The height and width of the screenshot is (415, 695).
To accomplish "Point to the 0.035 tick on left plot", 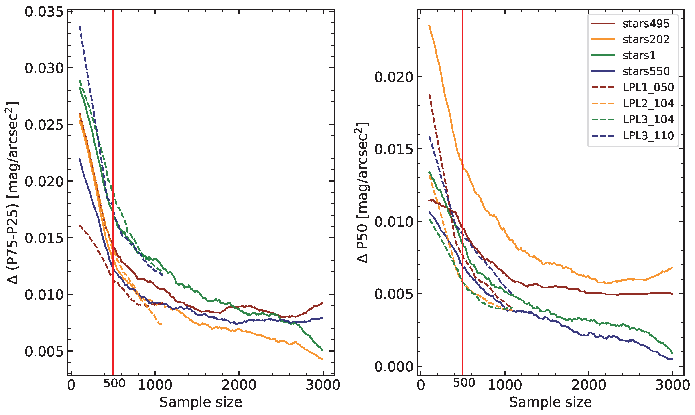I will coord(44,12).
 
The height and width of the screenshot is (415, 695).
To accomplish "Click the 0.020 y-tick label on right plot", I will coord(393,77).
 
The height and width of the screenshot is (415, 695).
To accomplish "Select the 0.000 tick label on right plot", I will coord(393,366).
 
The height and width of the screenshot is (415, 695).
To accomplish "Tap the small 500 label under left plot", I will coord(114,383).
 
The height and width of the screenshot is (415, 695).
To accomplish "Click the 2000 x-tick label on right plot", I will coord(588,385).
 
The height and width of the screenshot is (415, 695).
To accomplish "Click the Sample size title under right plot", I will coord(550,402).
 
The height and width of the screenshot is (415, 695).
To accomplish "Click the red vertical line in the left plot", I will coord(113,168).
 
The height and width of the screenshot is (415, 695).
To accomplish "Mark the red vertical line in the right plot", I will coord(463,112).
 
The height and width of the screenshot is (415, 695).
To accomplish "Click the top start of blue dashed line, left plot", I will coord(80,26).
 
